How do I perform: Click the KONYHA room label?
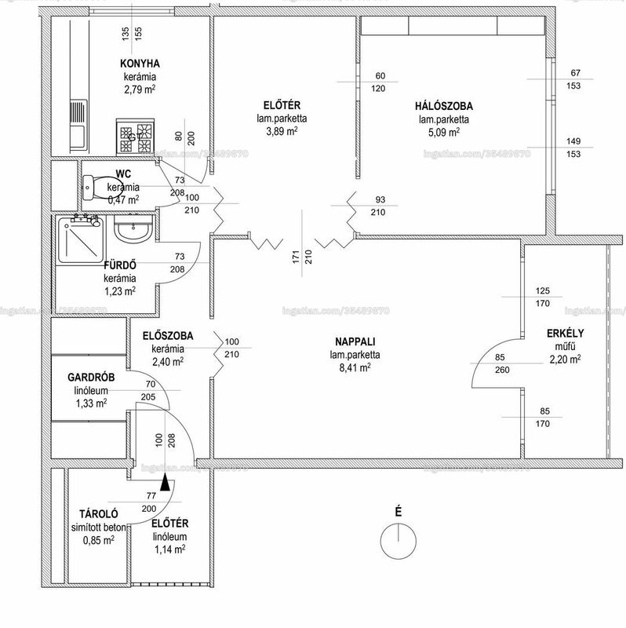140,64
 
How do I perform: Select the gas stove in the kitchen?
135,136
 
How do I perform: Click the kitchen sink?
78,125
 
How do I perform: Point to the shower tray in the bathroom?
82,239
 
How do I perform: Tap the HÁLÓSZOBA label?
444,106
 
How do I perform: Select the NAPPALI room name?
355,341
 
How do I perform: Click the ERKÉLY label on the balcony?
565,333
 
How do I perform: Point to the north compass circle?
399,541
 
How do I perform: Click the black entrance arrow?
165,483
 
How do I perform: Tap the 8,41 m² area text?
355,367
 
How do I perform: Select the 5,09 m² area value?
443,132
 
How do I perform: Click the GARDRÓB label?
91,378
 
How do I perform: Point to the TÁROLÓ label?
99,514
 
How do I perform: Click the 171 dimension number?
296,257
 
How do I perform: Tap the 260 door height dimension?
502,370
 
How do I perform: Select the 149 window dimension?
573,141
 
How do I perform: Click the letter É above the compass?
399,512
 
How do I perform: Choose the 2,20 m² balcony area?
565,360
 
